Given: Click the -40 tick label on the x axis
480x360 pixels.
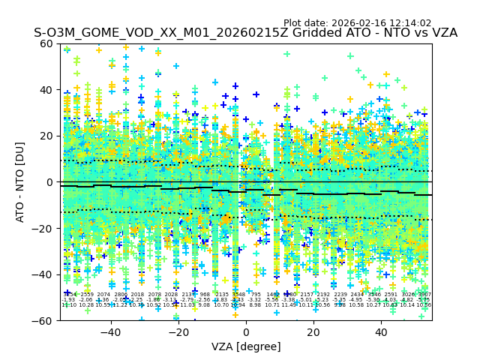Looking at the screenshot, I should coord(110,331).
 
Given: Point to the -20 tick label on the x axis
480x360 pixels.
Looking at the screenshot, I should coord(178,331).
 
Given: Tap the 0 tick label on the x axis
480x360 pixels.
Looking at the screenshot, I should coord(246,331).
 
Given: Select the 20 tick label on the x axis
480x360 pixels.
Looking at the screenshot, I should coord(313,331).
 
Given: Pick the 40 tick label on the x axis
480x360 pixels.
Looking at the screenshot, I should coord(381,331).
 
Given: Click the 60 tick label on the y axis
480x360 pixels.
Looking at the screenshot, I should coord(46,43).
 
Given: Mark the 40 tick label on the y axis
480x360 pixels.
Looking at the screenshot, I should coord(46,90).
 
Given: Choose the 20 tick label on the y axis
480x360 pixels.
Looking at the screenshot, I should coord(46,136).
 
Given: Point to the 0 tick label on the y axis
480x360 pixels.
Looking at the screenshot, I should coord(49,182).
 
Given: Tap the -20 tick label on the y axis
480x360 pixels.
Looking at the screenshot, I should coord(43,228).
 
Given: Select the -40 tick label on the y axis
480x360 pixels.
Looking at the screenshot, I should coord(43,274).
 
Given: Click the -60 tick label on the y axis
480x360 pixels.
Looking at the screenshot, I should coord(43,320).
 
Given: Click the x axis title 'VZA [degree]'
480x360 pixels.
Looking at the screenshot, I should coord(246,346).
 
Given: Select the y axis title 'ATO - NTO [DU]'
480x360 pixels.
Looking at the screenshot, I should coord(21,182).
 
